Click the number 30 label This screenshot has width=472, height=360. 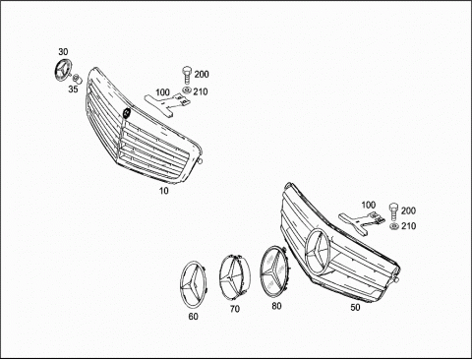click(63, 52)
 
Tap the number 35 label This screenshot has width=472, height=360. click(73, 89)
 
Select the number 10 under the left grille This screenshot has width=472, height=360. click(163, 191)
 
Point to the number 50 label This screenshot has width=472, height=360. click(355, 307)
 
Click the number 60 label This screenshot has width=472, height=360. click(194, 317)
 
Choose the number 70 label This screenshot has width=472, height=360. click(235, 309)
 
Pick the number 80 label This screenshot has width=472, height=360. click(276, 306)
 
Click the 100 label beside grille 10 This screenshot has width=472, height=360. click(162, 92)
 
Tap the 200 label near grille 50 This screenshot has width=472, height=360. click(408, 210)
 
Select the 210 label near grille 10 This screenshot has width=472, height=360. click(201, 91)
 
